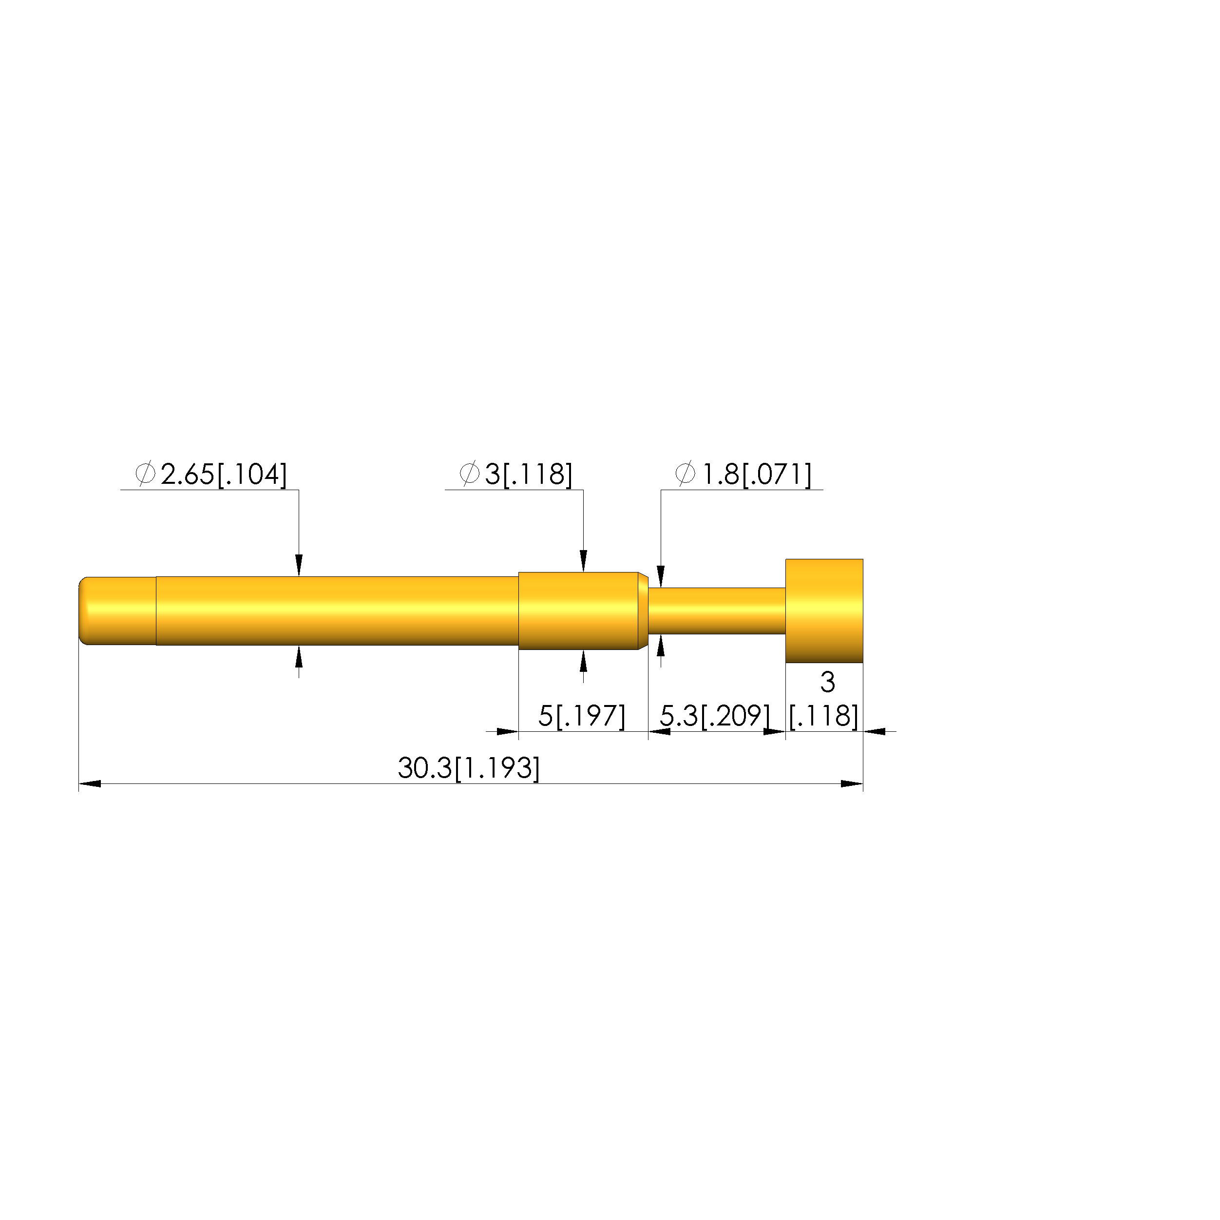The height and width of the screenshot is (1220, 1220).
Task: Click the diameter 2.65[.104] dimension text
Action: (211, 474)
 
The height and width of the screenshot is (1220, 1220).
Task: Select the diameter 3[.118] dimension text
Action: (516, 474)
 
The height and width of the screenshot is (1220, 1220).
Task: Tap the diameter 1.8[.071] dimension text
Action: (743, 474)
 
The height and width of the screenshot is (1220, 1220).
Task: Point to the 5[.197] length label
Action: (582, 716)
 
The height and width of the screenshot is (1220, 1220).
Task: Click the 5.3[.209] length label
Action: (715, 716)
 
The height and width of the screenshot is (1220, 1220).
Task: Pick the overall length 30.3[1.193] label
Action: (469, 768)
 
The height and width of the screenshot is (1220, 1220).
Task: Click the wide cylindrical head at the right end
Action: (824, 610)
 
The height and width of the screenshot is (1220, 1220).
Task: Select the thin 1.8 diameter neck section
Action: (717, 610)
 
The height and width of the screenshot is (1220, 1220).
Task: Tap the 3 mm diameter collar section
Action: (578, 610)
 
